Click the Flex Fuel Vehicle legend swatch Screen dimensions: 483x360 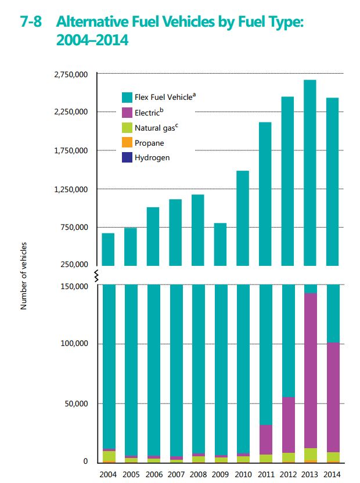coord(127,97)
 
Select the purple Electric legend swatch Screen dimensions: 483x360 coord(127,113)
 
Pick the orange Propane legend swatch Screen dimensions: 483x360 coord(127,143)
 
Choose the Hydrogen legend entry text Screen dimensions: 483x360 coord(152,157)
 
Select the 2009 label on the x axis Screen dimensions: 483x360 coord(220,474)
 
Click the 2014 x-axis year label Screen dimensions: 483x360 coord(332,474)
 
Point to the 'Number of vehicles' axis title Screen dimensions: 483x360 coord(24,276)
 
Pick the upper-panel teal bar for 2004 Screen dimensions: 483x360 coord(108,249)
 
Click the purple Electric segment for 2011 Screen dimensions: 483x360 coord(265,439)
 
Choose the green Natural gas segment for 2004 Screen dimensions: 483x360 coord(109,456)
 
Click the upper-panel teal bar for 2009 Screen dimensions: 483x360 coord(220,244)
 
